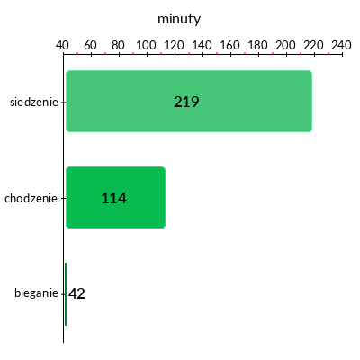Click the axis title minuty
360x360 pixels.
pos(179,19)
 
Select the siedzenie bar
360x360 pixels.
pos(189,101)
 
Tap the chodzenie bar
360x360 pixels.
pos(115,197)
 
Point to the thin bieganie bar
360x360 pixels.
pos(66,294)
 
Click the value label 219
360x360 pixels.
pos(186,102)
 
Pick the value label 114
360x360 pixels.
pos(113,198)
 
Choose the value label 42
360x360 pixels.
pos(76,293)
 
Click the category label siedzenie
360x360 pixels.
pos(34,102)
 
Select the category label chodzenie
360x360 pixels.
pos(31,198)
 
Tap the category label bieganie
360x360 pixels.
pos(36,292)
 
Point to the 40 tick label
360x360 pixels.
pos(62,45)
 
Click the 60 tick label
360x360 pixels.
pos(90,45)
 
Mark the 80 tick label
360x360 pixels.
pos(118,45)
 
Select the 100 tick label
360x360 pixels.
pos(146,45)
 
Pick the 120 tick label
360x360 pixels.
pos(174,45)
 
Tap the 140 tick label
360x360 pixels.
pos(202,45)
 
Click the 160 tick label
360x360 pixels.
pos(229,45)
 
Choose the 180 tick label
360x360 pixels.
pos(257,45)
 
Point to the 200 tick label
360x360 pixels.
pos(285,45)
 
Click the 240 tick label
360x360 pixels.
pos(341,45)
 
